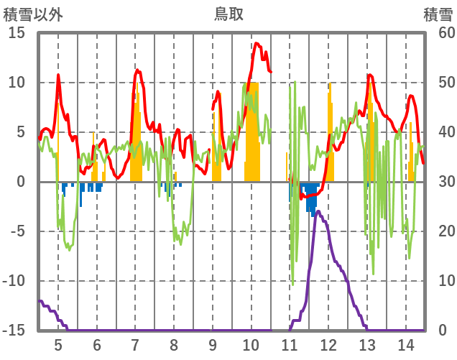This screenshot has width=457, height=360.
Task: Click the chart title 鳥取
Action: pyautogui.click(x=228, y=13)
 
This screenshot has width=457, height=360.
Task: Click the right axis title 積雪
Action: pyautogui.click(x=438, y=13)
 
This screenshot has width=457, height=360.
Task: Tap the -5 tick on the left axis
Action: pyautogui.click(x=17, y=231)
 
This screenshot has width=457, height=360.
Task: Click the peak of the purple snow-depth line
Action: pyautogui.click(x=318, y=211)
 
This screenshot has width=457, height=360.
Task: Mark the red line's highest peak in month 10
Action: pyautogui.click(x=257, y=43)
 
